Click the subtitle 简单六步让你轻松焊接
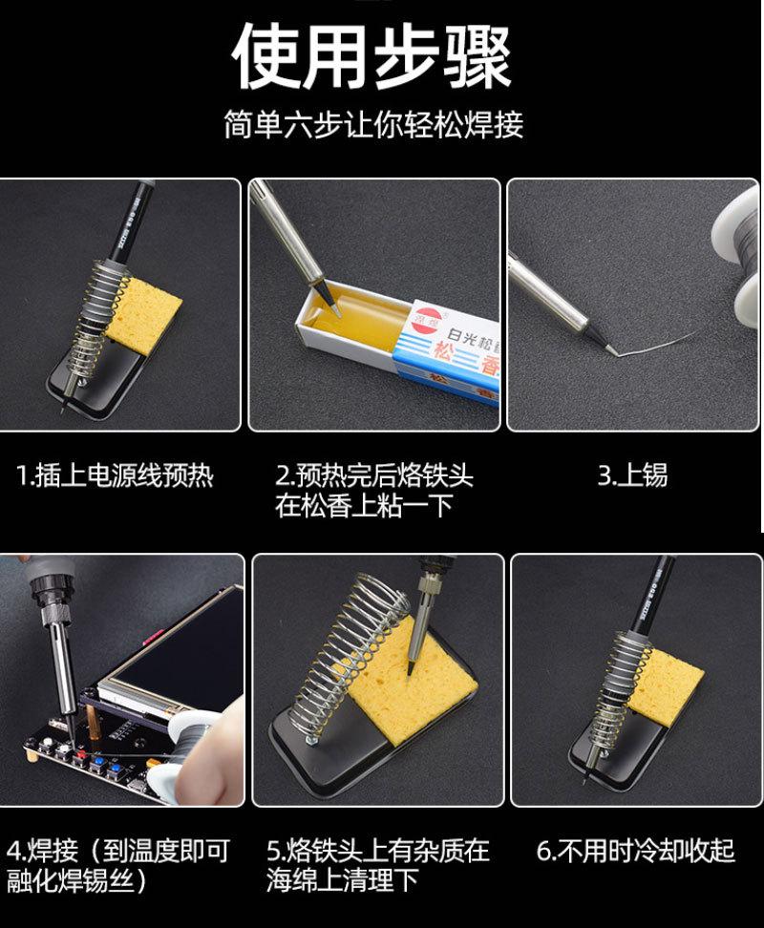[x=373, y=125]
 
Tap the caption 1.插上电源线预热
[x=115, y=475]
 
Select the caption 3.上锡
[x=632, y=475]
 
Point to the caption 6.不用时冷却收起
[x=636, y=851]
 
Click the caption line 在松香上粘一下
[x=364, y=506]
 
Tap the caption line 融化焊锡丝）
[x=77, y=881]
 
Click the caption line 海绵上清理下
[x=343, y=880]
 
